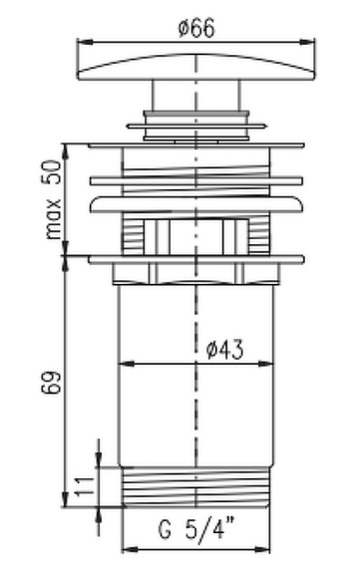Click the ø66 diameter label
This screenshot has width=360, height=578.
pyautogui.click(x=196, y=28)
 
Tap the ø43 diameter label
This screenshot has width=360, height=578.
pyautogui.click(x=225, y=350)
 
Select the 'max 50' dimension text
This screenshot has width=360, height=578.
pyautogui.click(x=53, y=199)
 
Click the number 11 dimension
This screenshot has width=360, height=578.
pyautogui.click(x=85, y=486)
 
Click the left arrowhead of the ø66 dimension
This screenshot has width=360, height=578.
pyautogui.click(x=85, y=42)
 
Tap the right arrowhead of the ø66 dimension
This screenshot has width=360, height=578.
pyautogui.click(x=307, y=42)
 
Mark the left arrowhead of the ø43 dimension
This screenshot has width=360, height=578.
pyautogui.click(x=126, y=364)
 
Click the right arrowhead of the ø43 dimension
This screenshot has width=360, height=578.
pyautogui.click(x=266, y=364)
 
